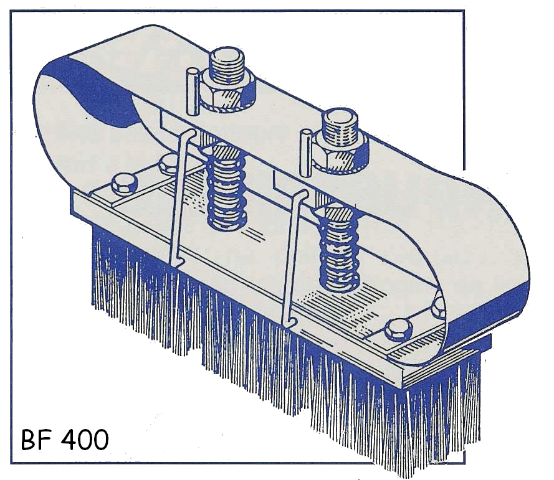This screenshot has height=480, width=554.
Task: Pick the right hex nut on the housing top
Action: [x=339, y=152]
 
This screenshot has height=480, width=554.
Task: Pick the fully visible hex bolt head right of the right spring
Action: [x=396, y=329]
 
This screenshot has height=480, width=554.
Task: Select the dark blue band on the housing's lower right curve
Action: [x=492, y=314]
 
